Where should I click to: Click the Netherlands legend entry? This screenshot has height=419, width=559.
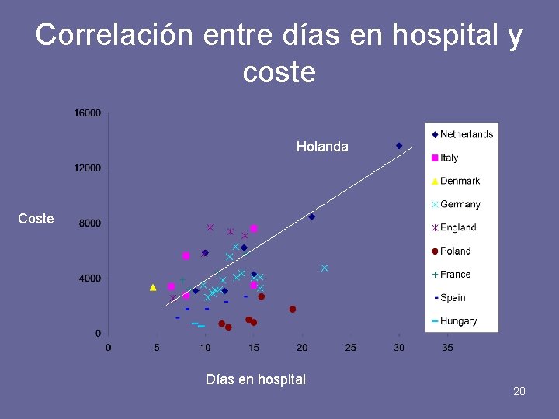(x=463, y=134)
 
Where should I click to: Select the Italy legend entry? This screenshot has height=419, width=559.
(x=445, y=158)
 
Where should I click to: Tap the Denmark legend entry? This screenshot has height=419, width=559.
(x=456, y=181)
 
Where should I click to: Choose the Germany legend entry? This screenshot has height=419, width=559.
(x=456, y=204)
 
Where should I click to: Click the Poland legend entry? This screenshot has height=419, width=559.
(x=451, y=251)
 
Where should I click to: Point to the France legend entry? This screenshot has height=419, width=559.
(x=451, y=274)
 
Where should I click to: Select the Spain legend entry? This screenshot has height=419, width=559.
(x=449, y=297)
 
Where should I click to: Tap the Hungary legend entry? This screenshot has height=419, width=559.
(x=454, y=320)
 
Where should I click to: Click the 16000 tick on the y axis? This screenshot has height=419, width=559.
(x=88, y=113)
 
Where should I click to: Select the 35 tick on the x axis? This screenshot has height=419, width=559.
(x=448, y=348)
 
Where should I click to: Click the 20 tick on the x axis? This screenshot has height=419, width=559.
(x=302, y=348)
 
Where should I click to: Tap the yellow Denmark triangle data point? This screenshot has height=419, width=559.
(x=153, y=287)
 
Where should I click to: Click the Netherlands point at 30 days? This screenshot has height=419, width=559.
(x=399, y=145)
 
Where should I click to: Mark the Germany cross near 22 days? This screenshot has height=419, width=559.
(x=325, y=268)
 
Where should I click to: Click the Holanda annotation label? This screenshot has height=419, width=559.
(x=322, y=147)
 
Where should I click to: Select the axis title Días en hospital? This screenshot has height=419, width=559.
(x=255, y=379)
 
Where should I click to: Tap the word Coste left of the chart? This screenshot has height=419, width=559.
(x=36, y=219)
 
